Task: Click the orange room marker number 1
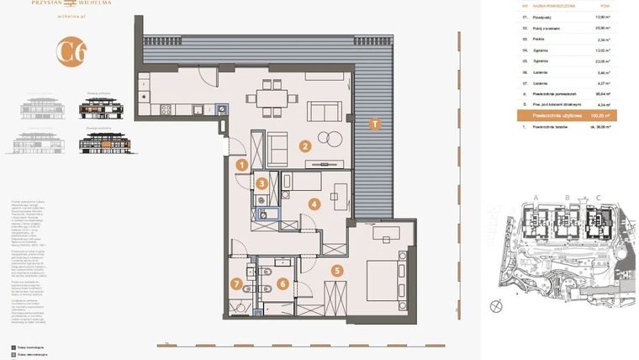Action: [241, 165]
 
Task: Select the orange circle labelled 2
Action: [305, 146]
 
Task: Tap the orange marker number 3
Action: [262, 183]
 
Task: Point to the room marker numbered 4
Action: [314, 204]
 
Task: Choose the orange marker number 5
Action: [337, 271]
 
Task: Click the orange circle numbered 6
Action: [283, 283]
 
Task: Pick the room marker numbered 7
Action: [237, 284]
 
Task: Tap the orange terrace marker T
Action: [375, 124]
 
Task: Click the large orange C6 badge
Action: [71, 52]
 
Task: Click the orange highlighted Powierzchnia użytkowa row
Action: [567, 115]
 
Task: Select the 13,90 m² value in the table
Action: [602, 17]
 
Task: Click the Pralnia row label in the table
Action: [539, 39]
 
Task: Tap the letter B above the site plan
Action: [568, 199]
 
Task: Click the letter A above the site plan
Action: [536, 199]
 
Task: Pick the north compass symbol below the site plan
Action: [497, 306]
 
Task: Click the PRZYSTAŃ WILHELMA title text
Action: [71, 3]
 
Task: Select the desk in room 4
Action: [341, 195]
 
